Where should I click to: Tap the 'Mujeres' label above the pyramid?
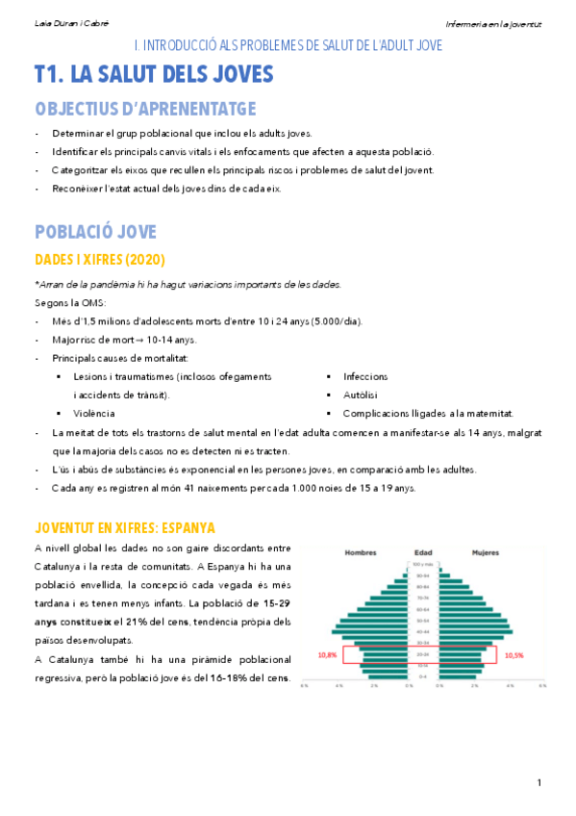click(x=485, y=553)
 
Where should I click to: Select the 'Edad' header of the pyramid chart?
click(x=423, y=553)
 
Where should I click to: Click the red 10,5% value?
click(x=514, y=654)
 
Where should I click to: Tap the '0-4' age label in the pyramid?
click(x=423, y=677)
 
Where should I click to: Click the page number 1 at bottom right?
click(x=539, y=780)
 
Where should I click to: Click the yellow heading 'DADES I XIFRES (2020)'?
click(x=100, y=260)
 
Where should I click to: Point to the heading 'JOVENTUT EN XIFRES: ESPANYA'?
click(x=125, y=528)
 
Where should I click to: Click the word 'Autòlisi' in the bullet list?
click(x=361, y=395)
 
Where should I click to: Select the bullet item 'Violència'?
click(x=94, y=413)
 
